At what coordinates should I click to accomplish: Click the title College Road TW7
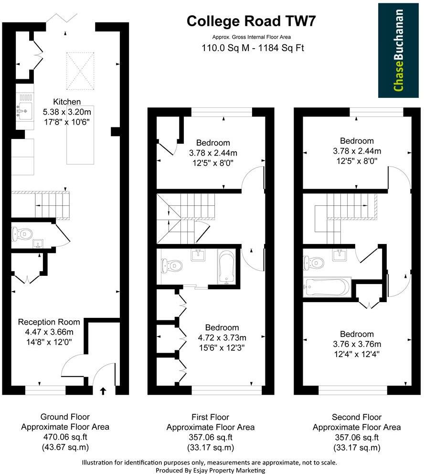[x=251, y=21]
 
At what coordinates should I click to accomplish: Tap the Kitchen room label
[x=66, y=102]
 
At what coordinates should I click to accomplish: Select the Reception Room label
[x=49, y=322]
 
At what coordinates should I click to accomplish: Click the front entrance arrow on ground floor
[x=103, y=391]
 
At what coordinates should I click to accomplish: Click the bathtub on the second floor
[x=327, y=287]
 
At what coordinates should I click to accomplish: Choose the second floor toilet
[x=313, y=262]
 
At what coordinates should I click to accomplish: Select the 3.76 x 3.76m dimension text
[x=356, y=344]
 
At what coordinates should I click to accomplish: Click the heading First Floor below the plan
[x=210, y=417]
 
